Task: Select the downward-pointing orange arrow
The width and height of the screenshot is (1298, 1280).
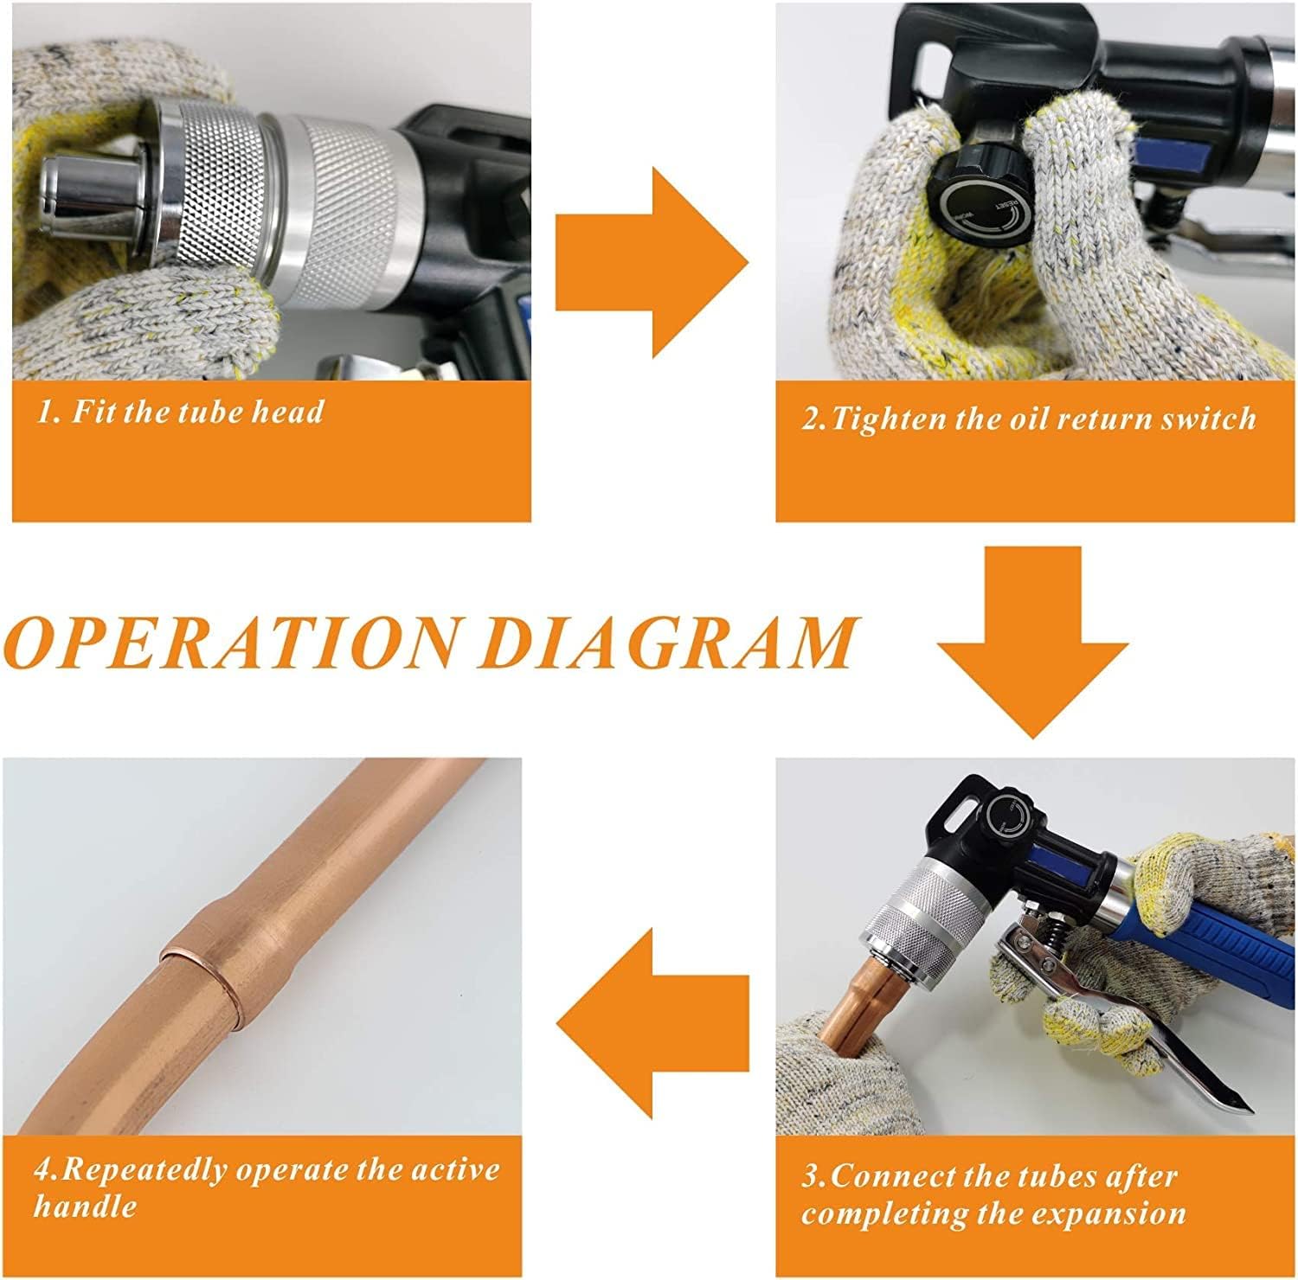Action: [x=1032, y=643]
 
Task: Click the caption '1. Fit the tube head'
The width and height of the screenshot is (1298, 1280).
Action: [x=180, y=410]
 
